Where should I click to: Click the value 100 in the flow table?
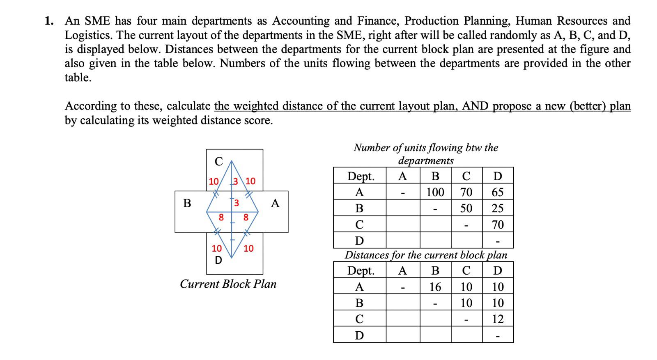pyautogui.click(x=435, y=192)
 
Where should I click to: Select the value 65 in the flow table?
pyautogui.click(x=497, y=192)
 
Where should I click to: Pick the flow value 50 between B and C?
pyautogui.click(x=466, y=208)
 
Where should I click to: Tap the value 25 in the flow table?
pyautogui.click(x=497, y=208)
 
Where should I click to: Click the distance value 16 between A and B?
pyautogui.click(x=435, y=287)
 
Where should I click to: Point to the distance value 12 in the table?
pyautogui.click(x=497, y=319)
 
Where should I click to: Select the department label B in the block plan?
pyautogui.click(x=187, y=203)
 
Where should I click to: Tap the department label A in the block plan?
pyautogui.click(x=275, y=203)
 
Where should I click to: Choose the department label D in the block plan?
pyautogui.click(x=218, y=260)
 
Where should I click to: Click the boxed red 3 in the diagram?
pyautogui.click(x=237, y=203)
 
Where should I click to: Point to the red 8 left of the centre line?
pyautogui.click(x=221, y=217)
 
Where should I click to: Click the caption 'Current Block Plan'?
pyautogui.click(x=228, y=284)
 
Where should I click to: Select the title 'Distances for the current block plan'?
pyautogui.click(x=426, y=255)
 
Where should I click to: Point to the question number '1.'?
pyautogui.click(x=49, y=21)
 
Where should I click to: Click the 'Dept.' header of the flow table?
pyautogui.click(x=361, y=176)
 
